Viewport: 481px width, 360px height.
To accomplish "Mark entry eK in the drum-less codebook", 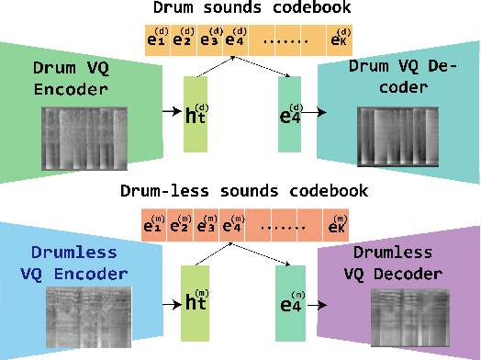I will click(x=338, y=224).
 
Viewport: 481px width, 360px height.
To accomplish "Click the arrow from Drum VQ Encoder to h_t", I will click(x=170, y=111).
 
